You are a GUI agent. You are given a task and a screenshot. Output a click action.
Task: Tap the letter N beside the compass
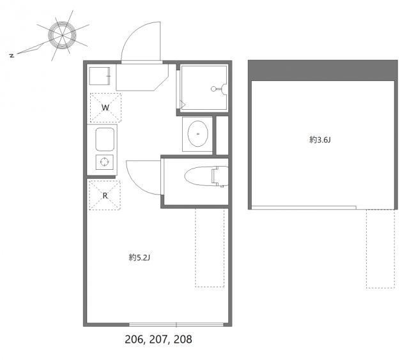point(12,56)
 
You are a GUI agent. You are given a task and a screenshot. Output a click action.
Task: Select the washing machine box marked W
point(105,107)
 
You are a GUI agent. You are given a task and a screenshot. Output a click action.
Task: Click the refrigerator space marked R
point(105,195)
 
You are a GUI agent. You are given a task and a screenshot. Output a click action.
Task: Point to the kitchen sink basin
point(105,139)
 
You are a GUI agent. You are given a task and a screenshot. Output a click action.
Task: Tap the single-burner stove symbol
point(104,162)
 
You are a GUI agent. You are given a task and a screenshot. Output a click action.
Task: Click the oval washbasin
point(197,133)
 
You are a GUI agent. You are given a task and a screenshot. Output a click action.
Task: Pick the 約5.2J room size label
point(139,258)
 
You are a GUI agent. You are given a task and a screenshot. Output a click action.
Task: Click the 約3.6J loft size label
point(320,140)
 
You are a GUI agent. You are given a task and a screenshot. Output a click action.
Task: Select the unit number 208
point(180,340)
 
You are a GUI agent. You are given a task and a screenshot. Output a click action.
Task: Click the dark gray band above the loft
point(321,69)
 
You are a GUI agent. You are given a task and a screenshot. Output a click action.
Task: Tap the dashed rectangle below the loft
point(380,248)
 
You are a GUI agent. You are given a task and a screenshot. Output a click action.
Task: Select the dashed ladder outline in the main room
point(210,248)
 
